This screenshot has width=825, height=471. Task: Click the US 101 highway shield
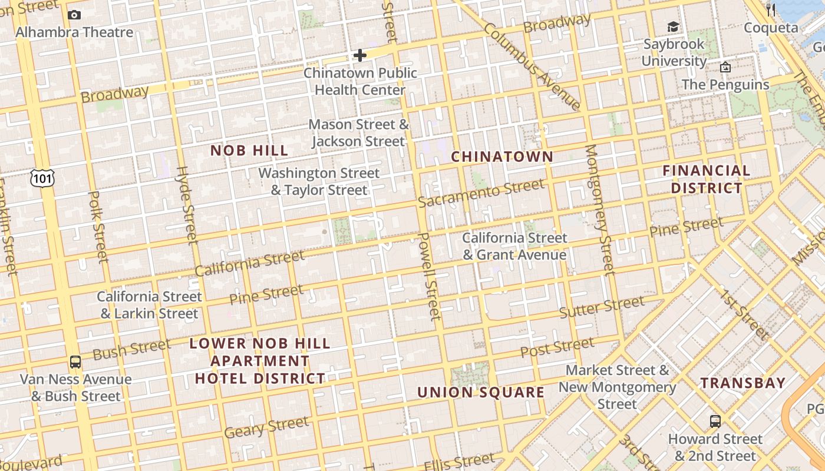[x=44, y=177]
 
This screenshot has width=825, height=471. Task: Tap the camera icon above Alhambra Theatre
[x=74, y=15]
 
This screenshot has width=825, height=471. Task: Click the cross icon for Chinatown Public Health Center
[x=359, y=55]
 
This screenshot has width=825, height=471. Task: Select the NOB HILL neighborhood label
[x=249, y=151]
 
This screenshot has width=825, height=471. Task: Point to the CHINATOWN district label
[x=502, y=157]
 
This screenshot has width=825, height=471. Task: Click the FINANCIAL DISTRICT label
[x=706, y=180]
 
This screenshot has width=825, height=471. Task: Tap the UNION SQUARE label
[x=481, y=393]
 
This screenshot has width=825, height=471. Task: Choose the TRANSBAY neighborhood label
[x=743, y=383]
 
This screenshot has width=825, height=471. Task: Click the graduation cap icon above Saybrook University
[x=673, y=26]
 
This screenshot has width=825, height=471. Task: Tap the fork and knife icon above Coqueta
[x=770, y=9]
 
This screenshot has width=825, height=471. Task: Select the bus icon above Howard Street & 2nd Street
[x=715, y=421]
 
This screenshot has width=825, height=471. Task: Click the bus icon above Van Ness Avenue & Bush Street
[x=75, y=361]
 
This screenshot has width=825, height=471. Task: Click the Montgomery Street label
[x=600, y=209]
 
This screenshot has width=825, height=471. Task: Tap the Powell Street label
[x=429, y=276]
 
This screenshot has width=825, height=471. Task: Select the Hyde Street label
[x=187, y=204]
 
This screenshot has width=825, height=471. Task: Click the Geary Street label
[x=266, y=427]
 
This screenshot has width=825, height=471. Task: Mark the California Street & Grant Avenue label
[x=514, y=246]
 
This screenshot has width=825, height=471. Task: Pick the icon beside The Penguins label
[x=725, y=67]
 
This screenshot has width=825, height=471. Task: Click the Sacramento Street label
[x=481, y=194]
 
